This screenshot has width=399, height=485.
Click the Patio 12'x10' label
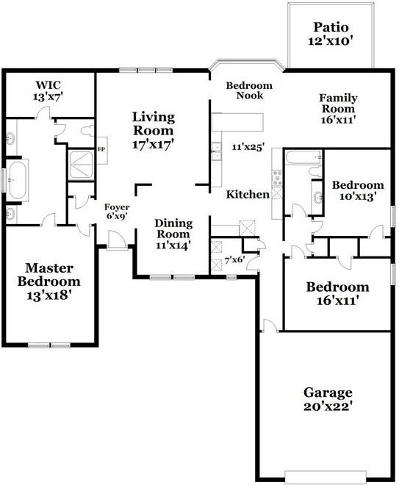(x=331, y=34)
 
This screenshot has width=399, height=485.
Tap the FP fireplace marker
(x=101, y=150)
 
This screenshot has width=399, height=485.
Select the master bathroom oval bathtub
(x=18, y=180)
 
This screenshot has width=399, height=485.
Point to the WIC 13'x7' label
(x=48, y=90)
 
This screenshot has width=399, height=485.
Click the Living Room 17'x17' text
(x=154, y=130)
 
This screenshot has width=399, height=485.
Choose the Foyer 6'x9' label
(x=117, y=211)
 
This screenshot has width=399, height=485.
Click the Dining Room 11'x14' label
(x=173, y=234)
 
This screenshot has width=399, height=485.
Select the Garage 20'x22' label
(x=328, y=399)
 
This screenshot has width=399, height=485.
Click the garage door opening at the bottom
(x=326, y=477)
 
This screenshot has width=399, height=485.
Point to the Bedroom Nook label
(x=249, y=90)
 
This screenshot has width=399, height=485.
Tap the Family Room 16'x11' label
(x=338, y=109)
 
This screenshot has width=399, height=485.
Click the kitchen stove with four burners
(x=277, y=178)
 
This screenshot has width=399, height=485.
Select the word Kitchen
(x=248, y=195)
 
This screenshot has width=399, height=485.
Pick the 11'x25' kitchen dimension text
(x=248, y=147)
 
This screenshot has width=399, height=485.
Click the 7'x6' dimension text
(x=234, y=260)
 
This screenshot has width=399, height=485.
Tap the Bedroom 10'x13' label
(x=358, y=190)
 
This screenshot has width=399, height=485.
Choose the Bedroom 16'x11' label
(x=337, y=293)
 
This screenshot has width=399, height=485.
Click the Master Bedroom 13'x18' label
(x=49, y=281)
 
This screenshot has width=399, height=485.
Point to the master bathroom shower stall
(x=81, y=165)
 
